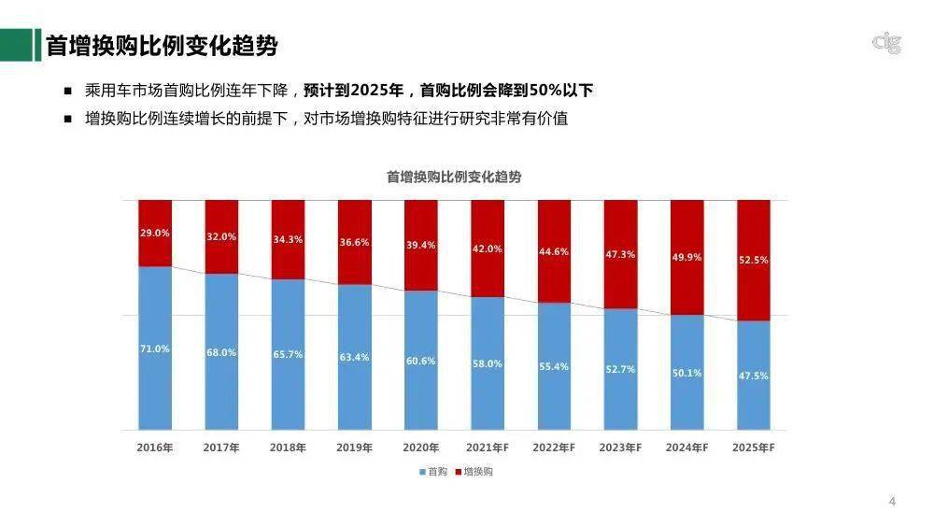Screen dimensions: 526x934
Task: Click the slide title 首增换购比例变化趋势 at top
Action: (x=162, y=45)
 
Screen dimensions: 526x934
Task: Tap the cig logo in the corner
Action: (x=885, y=42)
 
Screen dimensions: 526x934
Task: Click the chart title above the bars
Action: (x=454, y=177)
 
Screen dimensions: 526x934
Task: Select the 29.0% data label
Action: (x=154, y=233)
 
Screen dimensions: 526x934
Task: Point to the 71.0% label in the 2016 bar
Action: (x=154, y=348)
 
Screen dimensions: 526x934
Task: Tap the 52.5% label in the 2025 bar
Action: (x=753, y=260)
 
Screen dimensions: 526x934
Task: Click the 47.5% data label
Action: (x=753, y=375)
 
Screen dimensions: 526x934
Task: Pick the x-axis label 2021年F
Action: (x=488, y=448)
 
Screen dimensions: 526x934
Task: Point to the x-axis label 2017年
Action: (x=221, y=448)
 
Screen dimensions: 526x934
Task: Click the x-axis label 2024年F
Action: (x=686, y=448)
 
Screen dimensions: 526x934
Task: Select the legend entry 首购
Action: (x=433, y=473)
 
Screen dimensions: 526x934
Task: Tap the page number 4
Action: (x=892, y=503)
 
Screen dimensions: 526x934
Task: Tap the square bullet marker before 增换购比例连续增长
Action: (x=67, y=119)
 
